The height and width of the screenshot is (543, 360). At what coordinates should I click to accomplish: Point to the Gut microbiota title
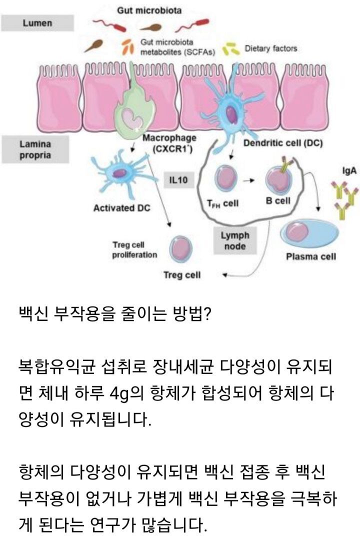point(142,10)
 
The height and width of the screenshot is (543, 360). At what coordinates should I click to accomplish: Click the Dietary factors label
point(270,49)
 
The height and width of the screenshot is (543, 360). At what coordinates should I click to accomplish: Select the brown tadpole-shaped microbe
point(94,46)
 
